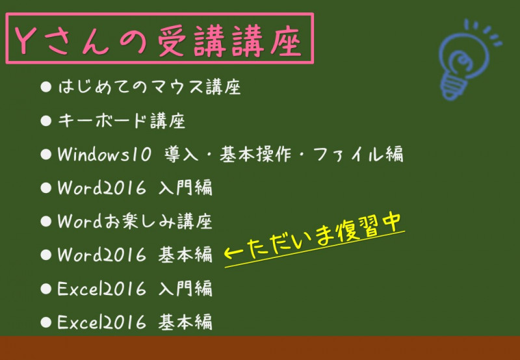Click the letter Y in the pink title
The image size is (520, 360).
click(x=22, y=40)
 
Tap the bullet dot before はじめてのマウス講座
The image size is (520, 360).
click(x=45, y=87)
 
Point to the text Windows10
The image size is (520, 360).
click(x=105, y=155)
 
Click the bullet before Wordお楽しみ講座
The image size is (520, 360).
click(x=45, y=222)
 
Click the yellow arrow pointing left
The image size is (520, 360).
click(x=233, y=253)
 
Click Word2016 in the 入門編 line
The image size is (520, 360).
click(x=102, y=188)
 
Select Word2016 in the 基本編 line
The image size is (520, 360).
click(x=102, y=255)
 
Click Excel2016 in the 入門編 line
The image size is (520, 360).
click(x=102, y=289)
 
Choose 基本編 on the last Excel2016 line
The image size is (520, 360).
click(x=185, y=322)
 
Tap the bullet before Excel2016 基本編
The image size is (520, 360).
click(x=45, y=322)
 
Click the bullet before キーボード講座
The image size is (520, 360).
click(x=45, y=121)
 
